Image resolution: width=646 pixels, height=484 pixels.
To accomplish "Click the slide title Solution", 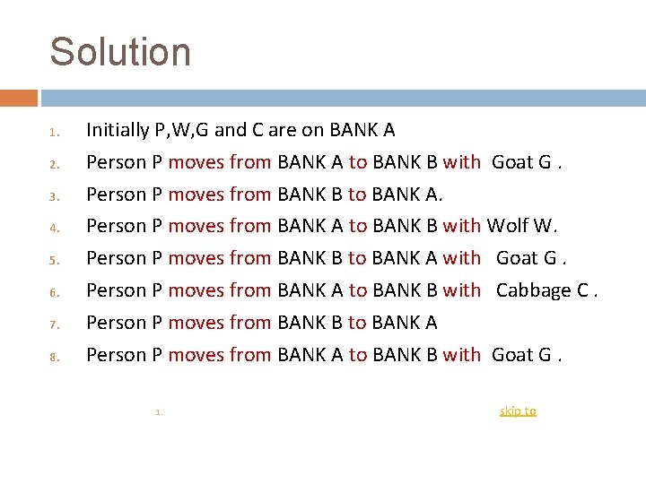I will tap(120, 52).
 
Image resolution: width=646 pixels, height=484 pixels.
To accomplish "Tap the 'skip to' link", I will tap(518, 411).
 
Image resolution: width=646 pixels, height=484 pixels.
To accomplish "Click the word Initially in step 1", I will tap(118, 130).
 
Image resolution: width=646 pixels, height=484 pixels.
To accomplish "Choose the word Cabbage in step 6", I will tap(533, 290).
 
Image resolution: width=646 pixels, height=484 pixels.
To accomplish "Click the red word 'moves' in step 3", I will tap(196, 194).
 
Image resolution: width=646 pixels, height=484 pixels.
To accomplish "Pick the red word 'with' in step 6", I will tap(462, 290).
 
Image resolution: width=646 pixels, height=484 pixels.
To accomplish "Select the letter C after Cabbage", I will tap(584, 290).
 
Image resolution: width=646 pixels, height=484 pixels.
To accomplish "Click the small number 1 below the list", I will tap(157, 412).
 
